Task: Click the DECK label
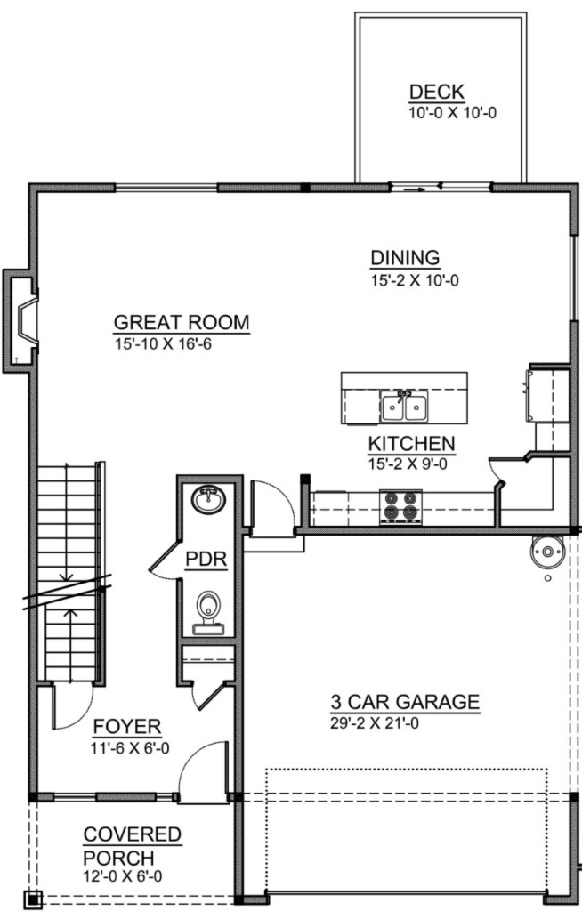[x=437, y=92]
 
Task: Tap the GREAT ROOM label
[x=182, y=322]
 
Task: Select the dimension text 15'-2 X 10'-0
[x=415, y=280]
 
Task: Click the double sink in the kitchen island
[x=404, y=406]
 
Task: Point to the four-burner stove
[x=400, y=506]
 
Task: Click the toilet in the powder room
[x=208, y=612]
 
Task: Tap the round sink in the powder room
[x=209, y=499]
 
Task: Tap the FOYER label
[x=126, y=727]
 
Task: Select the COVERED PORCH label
[x=132, y=846]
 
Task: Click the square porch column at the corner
[x=34, y=899]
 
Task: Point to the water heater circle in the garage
[x=547, y=552]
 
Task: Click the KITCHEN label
[x=412, y=444]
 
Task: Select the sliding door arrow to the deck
[x=412, y=189]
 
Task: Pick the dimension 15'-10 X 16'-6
[x=163, y=344]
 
